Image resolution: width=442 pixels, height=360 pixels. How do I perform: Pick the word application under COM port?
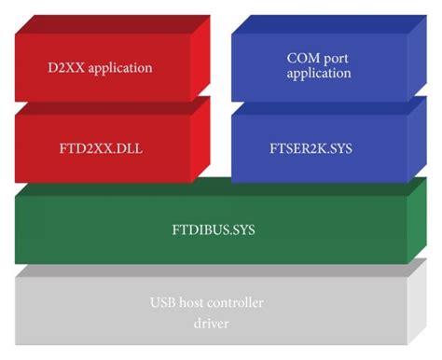click(x=317, y=73)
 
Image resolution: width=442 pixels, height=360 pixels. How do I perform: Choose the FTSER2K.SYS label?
click(x=317, y=146)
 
